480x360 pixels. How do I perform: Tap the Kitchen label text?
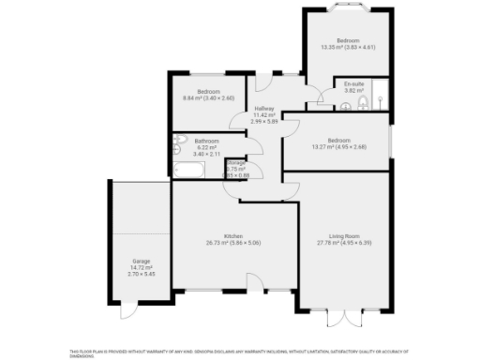pos(233,235)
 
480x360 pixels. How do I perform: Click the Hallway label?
pos(263,109)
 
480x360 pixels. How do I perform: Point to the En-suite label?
pos(354,83)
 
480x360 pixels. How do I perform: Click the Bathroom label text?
pos(207,141)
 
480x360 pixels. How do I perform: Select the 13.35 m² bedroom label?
pos(348,40)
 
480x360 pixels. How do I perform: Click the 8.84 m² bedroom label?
pos(207,91)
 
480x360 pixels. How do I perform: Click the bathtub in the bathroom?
pos(189,171)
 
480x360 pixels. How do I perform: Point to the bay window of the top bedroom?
pos(348,8)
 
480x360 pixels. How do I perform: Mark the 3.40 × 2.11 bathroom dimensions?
pos(207,154)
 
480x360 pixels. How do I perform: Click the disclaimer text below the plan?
pos(239,353)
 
